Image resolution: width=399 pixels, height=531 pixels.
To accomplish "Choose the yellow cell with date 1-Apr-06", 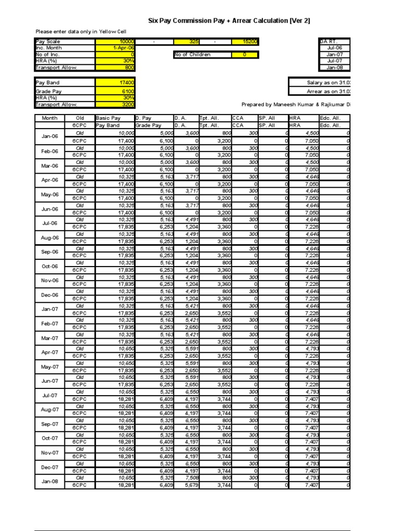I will point(115,48).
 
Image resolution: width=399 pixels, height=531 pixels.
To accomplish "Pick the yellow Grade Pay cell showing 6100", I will point(115,91).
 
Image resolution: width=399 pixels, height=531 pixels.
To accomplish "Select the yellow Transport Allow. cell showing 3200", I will point(115,104).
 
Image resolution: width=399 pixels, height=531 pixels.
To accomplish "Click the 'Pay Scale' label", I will point(48,41).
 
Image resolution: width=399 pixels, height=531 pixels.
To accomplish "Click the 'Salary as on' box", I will point(319,82).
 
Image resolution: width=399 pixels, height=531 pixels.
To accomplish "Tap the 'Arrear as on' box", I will point(319,91).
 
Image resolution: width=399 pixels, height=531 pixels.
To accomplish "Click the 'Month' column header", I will point(49,118).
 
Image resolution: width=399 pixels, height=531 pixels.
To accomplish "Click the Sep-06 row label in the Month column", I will point(49,252).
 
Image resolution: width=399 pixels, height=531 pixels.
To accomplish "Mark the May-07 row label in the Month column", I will point(49,367).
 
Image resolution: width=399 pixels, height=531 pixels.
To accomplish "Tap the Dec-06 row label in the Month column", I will point(49,295).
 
